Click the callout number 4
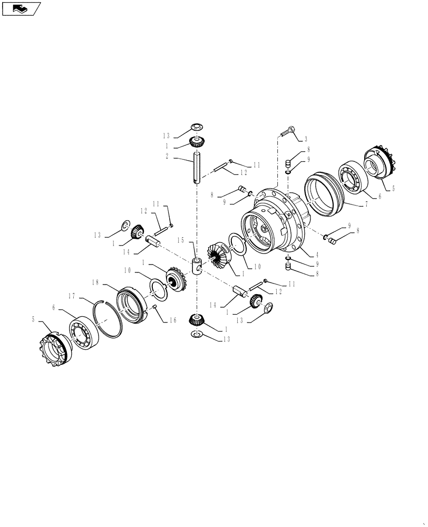tap(316, 255)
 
